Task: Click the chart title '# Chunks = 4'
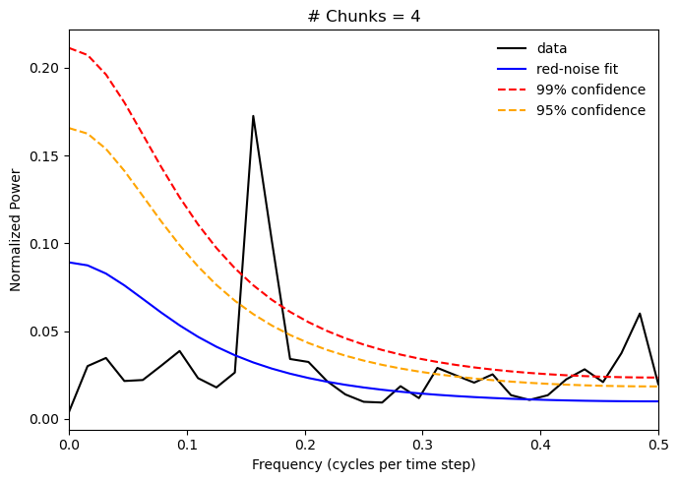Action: click(x=363, y=16)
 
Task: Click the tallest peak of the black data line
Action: click(x=253, y=116)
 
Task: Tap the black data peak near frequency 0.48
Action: click(x=640, y=314)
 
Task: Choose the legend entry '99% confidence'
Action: click(x=590, y=90)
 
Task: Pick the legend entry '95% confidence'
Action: click(x=590, y=110)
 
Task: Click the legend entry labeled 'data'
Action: click(x=551, y=48)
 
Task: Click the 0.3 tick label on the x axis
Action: click(x=422, y=446)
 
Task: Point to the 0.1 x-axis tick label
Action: click(x=187, y=446)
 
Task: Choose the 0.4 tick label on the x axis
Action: click(x=540, y=446)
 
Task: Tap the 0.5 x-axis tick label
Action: click(x=657, y=446)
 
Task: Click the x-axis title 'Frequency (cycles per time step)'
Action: click(x=363, y=464)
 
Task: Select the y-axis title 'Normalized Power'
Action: click(x=16, y=229)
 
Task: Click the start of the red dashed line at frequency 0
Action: click(x=70, y=48)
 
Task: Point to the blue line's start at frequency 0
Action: click(x=70, y=263)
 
